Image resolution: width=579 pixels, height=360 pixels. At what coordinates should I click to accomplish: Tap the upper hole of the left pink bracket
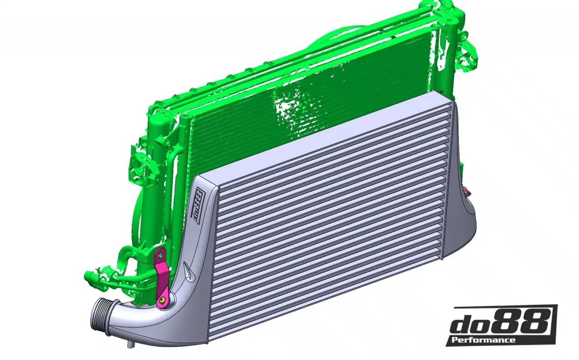(160, 256)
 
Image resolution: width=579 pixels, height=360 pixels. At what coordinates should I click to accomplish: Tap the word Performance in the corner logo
(483, 339)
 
